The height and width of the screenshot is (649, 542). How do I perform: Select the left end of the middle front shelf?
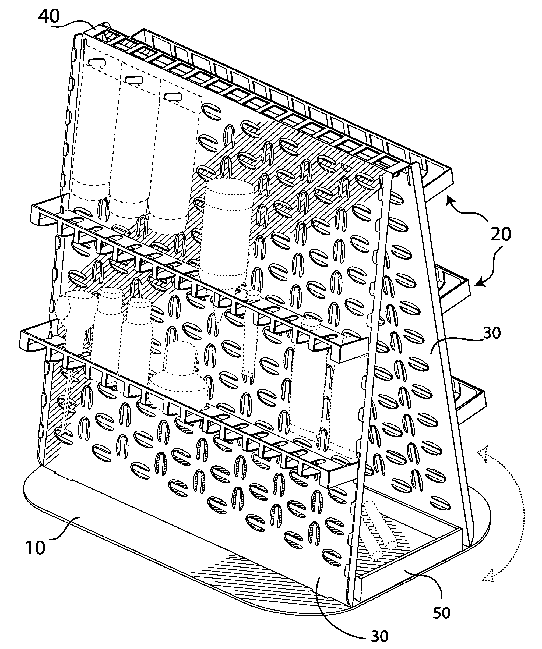(37, 213)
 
